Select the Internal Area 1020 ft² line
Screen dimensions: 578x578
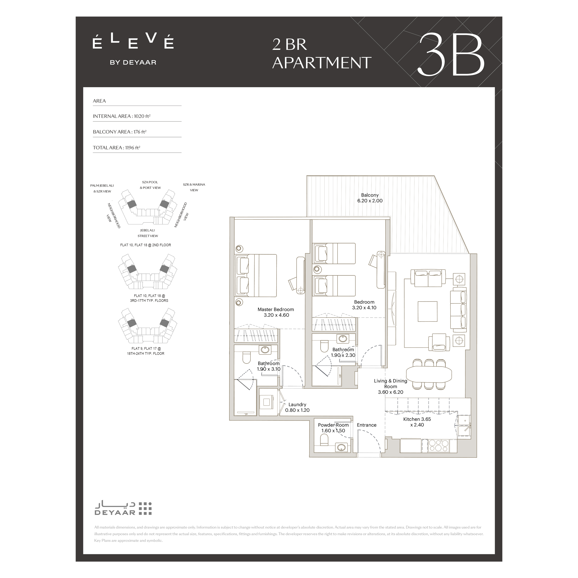[x=122, y=116]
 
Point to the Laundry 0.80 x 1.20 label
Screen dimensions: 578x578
[x=297, y=407]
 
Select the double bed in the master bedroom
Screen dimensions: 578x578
[x=256, y=275]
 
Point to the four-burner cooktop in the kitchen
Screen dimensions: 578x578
[x=439, y=445]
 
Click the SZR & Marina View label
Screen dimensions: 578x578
[x=194, y=187]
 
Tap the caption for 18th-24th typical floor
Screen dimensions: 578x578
[x=146, y=351]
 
